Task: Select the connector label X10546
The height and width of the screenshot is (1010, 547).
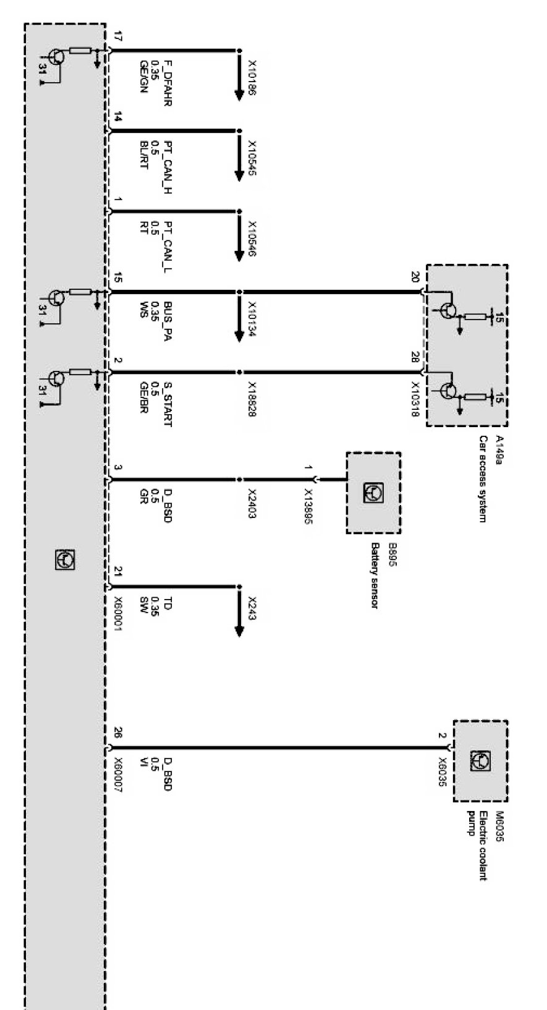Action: pos(252,239)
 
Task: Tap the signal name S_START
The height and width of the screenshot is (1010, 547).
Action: pos(167,404)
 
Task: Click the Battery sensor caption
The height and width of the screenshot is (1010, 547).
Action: pos(374,575)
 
